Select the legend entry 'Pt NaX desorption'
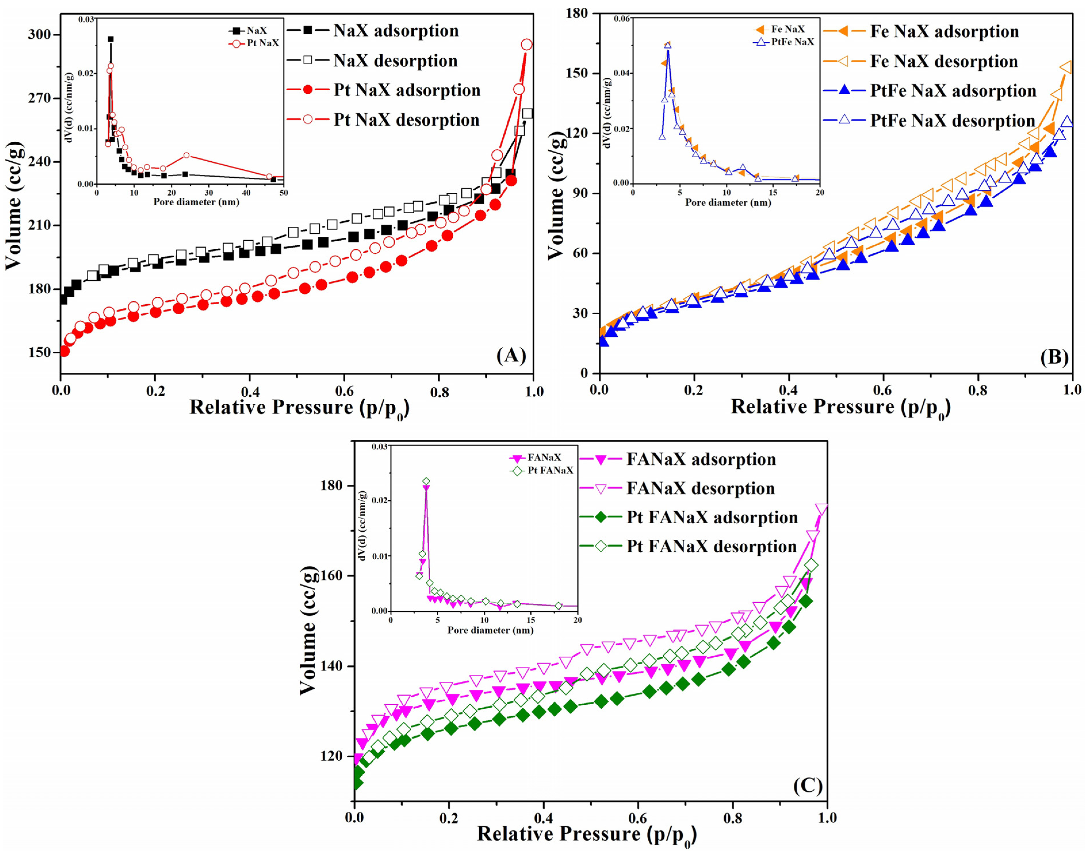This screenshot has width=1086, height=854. [406, 120]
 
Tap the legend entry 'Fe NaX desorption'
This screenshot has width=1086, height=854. [943, 62]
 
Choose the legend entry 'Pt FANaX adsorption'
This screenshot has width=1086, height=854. [712, 518]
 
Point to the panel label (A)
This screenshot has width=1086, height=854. [511, 355]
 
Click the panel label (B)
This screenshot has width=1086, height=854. [1054, 357]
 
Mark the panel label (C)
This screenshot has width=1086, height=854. [807, 786]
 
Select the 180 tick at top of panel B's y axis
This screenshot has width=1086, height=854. [580, 14]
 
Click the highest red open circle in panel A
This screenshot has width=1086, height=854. [526, 45]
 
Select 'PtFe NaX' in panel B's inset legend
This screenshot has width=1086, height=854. [792, 42]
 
